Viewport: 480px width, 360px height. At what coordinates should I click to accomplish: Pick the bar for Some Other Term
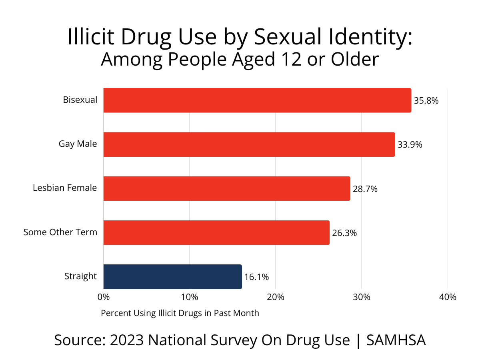[x=216, y=232]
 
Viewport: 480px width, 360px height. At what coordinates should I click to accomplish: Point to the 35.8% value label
[x=426, y=101]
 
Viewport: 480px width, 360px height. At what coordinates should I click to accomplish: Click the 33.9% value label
[x=410, y=145]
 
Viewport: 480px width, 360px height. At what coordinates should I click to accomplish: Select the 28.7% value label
[x=365, y=189]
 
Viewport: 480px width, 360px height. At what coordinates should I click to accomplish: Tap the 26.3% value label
[x=344, y=233]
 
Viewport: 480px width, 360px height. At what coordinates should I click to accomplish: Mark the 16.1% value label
[x=256, y=277]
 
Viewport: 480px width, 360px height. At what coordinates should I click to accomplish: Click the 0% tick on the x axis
[x=104, y=297]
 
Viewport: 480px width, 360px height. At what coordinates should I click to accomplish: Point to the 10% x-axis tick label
[x=190, y=297]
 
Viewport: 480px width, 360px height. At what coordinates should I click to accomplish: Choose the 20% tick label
[x=276, y=297]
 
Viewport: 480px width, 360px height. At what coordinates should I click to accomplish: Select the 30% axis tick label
[x=362, y=297]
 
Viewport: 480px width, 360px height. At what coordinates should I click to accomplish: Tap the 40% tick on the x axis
[x=448, y=297]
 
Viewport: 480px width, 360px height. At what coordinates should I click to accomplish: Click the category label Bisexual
[x=80, y=100]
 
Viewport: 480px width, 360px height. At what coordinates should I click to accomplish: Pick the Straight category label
[x=80, y=276]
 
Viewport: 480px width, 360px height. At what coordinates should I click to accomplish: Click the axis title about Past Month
[x=180, y=313]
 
